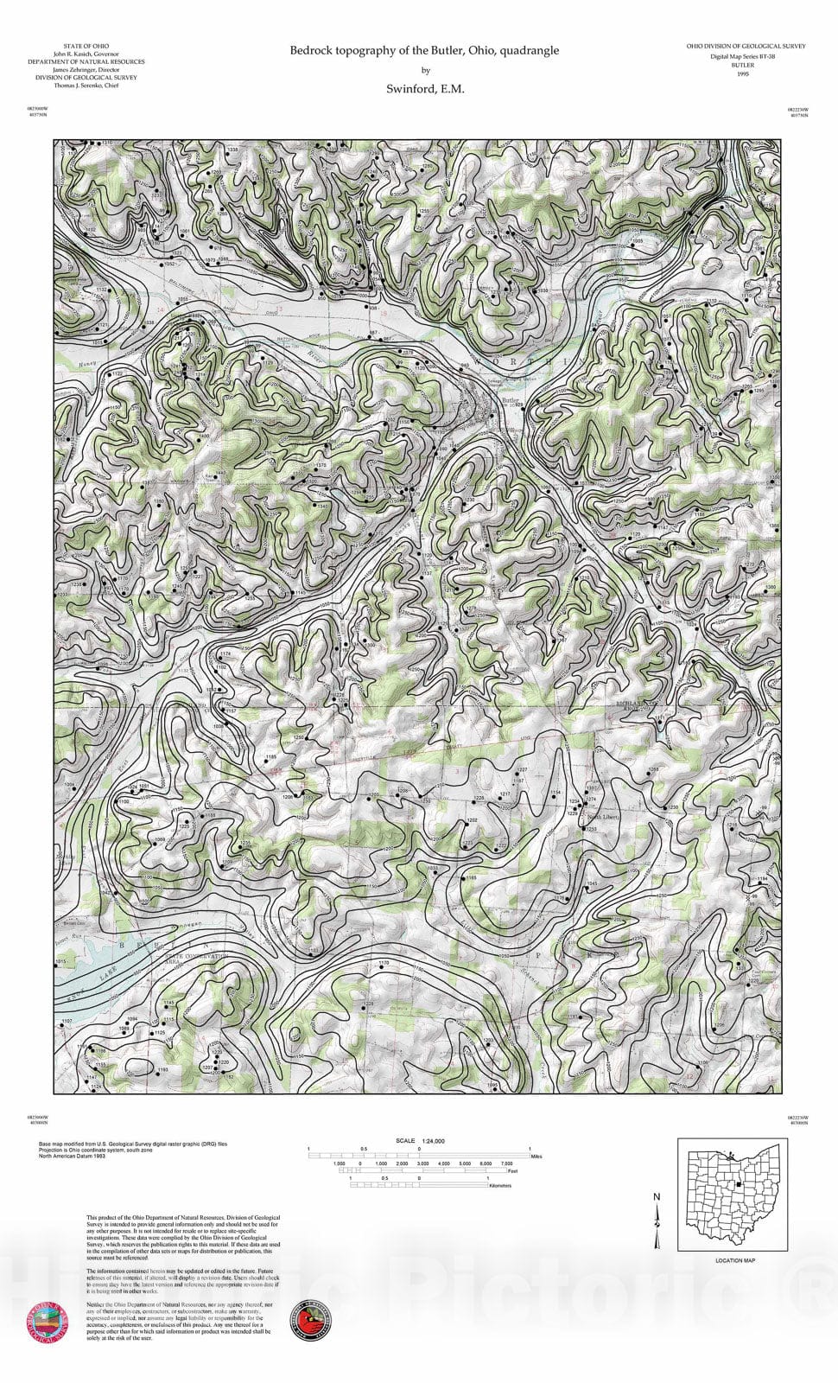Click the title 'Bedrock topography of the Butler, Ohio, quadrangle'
pos(424,51)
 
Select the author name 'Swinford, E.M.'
pos(425,89)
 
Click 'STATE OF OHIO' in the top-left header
pos(86,46)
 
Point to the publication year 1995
pos(742,74)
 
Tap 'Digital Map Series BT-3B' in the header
pos(743,56)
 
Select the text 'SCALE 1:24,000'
pos(420,1141)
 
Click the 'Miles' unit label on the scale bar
pos(536,1156)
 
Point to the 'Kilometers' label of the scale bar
pos(499,1186)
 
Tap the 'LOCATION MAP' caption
pos(735,1260)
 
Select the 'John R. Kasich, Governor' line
pos(86,54)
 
